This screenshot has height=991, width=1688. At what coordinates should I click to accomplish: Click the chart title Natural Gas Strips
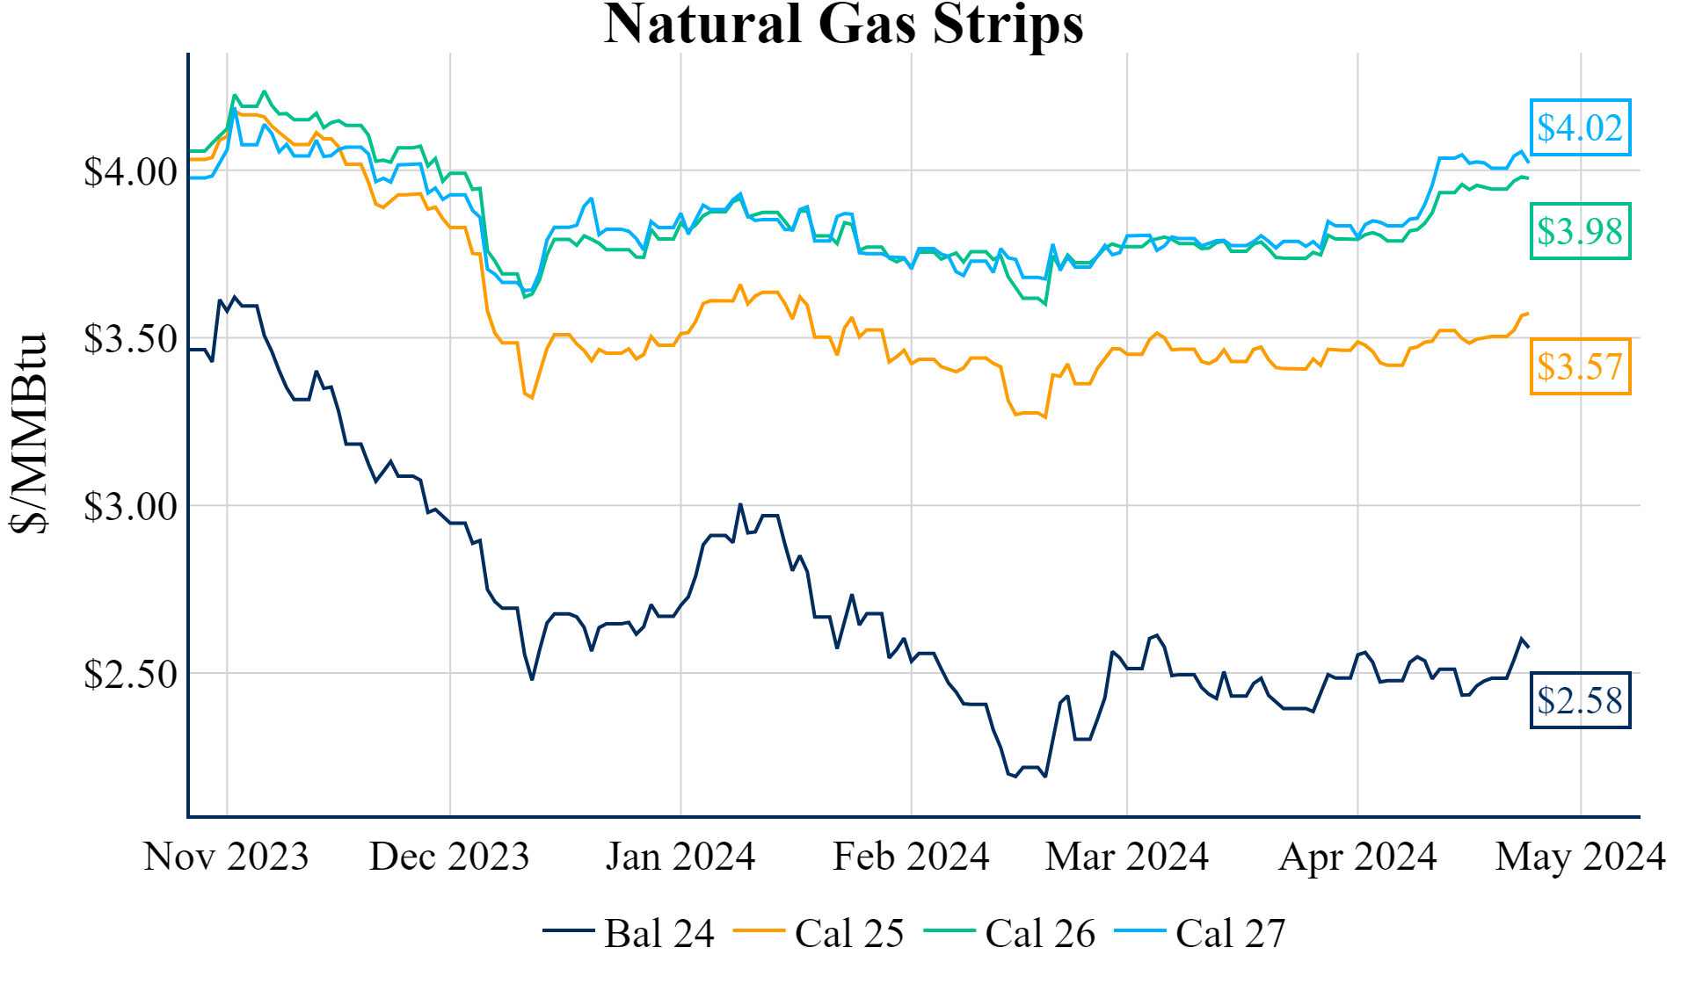(843, 25)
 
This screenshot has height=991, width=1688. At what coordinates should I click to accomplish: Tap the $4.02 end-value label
(1580, 128)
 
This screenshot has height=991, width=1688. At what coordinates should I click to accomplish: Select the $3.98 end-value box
(1580, 232)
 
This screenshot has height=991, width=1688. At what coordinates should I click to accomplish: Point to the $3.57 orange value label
(1580, 366)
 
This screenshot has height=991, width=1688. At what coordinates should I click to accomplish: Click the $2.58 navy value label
(1580, 700)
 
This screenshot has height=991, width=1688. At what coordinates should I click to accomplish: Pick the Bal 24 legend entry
(629, 933)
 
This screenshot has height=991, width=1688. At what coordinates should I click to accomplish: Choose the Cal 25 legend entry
(819, 933)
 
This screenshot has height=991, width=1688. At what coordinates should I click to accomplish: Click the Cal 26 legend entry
(1010, 933)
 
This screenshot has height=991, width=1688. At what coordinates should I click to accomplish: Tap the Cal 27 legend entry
(1201, 933)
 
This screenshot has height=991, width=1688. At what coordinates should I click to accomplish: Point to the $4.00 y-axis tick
(130, 172)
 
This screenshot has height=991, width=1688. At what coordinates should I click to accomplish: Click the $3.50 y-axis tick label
(130, 339)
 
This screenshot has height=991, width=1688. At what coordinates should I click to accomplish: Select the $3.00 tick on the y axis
(130, 507)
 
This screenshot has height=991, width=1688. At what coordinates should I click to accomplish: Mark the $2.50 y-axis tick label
(130, 675)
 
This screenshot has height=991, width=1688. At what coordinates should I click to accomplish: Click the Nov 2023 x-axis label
(226, 857)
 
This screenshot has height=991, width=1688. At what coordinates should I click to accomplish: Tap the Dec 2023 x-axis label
(449, 857)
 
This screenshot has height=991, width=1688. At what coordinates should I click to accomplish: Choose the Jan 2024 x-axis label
(680, 857)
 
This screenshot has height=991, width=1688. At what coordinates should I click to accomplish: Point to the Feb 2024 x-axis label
(911, 857)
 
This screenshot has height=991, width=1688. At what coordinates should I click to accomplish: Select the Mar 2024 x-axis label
(1127, 857)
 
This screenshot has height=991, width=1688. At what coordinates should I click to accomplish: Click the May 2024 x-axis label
(1581, 857)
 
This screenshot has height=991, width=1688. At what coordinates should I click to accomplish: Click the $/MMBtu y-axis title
(30, 433)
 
